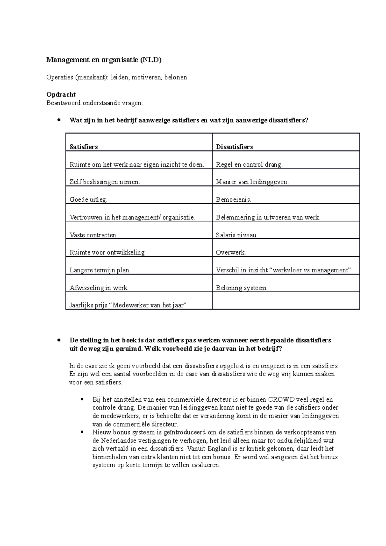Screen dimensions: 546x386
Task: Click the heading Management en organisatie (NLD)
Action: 104,60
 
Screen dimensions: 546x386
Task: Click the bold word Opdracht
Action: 61,95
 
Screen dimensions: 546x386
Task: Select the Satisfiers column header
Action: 84,147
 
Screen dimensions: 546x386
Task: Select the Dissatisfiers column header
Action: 234,147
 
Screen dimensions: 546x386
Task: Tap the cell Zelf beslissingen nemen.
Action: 105,182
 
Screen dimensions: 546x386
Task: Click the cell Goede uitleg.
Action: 88,200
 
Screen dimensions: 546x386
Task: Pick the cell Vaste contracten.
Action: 94,235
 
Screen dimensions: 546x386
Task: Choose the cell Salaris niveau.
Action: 237,235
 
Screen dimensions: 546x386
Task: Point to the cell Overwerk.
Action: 231,253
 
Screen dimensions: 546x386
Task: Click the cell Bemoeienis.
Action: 234,200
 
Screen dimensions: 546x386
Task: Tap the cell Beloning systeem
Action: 241,288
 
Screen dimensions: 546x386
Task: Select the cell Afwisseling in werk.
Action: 99,288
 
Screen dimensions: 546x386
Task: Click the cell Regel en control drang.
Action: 249,165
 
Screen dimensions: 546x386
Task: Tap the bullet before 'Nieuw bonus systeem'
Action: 83,432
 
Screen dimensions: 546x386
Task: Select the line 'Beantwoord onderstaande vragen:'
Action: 94,103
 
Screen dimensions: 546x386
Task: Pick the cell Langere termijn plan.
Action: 100,270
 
